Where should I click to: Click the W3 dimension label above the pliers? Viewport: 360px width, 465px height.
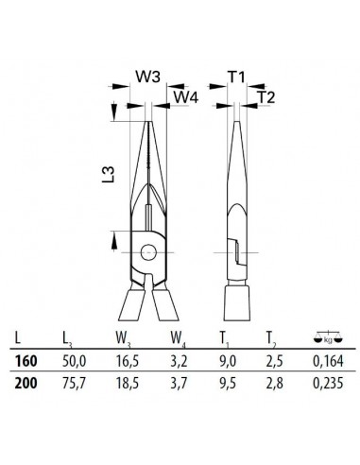click(147, 77)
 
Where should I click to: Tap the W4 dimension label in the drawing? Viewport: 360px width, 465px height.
click(186, 97)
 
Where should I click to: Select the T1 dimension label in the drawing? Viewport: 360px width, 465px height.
click(236, 77)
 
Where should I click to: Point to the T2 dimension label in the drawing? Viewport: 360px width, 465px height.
click(266, 97)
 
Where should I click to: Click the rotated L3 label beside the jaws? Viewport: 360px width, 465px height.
click(108, 175)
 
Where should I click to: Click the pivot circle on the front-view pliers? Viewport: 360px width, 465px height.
click(148, 252)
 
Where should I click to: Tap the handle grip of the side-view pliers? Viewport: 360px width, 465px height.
click(237, 303)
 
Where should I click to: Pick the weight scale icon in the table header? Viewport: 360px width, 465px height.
click(329, 337)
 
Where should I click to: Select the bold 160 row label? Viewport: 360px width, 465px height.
click(26, 361)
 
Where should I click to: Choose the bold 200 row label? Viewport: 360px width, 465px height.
click(26, 383)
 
